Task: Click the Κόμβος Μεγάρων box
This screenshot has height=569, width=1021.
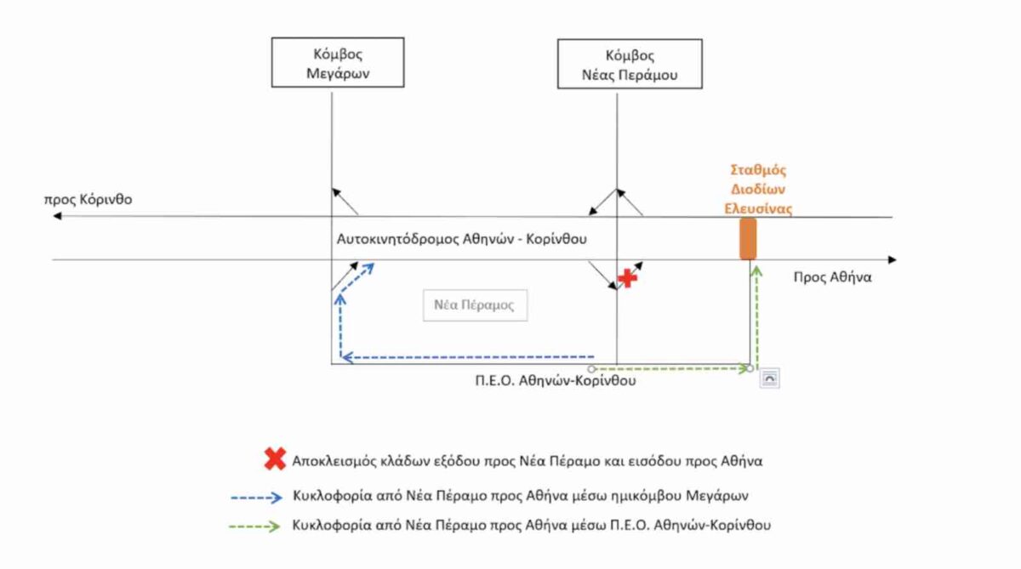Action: click(x=338, y=62)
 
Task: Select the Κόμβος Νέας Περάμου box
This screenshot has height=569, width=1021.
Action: click(x=630, y=64)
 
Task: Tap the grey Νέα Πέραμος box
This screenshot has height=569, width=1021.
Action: click(x=475, y=305)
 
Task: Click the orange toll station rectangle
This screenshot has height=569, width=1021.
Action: click(x=748, y=239)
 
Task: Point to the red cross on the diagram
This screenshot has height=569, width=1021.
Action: click(x=628, y=278)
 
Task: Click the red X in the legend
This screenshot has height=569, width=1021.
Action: click(x=275, y=458)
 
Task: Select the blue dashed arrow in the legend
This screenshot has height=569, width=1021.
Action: click(x=257, y=498)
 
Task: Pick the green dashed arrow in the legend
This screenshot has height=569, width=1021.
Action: click(x=254, y=526)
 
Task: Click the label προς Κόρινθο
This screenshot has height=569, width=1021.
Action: click(x=88, y=200)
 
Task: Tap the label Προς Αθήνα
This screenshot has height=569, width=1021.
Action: click(x=832, y=277)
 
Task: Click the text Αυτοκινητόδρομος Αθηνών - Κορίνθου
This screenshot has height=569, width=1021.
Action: click(x=462, y=239)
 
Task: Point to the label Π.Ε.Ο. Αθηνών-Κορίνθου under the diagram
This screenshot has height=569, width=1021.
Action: click(x=555, y=380)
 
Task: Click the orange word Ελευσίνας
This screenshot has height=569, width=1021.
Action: click(x=758, y=208)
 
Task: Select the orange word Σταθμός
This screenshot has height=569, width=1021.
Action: click(x=758, y=170)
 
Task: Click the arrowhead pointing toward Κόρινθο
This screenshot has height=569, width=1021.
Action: click(x=57, y=215)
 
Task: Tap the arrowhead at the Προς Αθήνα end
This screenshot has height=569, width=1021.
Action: click(x=892, y=259)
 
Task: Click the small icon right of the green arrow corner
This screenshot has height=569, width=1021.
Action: click(x=769, y=378)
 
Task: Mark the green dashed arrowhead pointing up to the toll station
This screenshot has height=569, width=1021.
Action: click(x=756, y=271)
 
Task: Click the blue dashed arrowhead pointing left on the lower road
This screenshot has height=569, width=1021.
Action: click(x=347, y=357)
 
